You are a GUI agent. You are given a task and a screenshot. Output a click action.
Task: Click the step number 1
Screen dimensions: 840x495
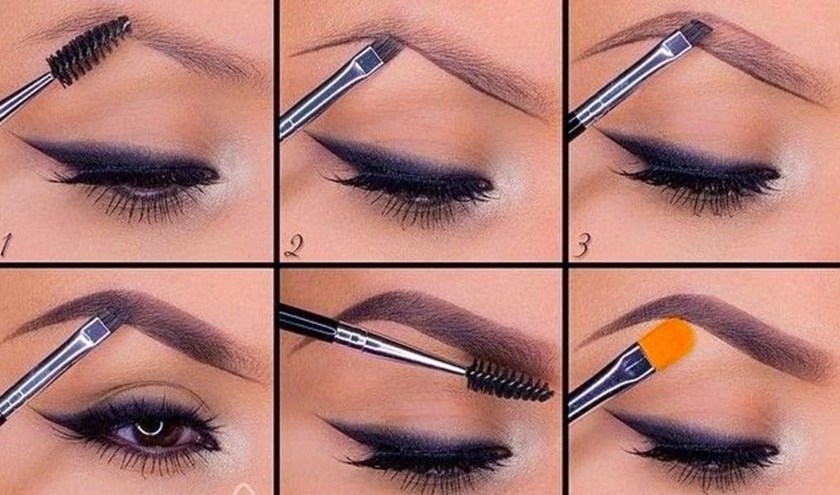tap(5, 245)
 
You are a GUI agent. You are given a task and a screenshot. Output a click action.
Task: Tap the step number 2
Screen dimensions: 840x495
tap(294, 245)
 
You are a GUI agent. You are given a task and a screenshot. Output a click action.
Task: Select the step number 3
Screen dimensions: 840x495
tap(583, 245)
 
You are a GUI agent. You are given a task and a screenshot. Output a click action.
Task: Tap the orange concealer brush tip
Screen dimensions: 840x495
tap(667, 343)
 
